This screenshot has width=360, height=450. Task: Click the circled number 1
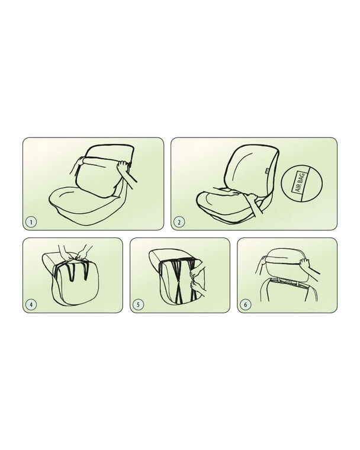(x=31, y=222)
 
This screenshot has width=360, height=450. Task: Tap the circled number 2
(x=179, y=222)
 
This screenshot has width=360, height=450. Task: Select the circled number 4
(x=31, y=304)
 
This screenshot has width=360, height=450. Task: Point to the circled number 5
(x=138, y=304)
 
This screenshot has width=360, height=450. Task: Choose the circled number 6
(x=246, y=304)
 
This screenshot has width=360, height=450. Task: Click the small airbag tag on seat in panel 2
(x=266, y=171)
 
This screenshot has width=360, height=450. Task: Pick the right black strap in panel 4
(x=86, y=271)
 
